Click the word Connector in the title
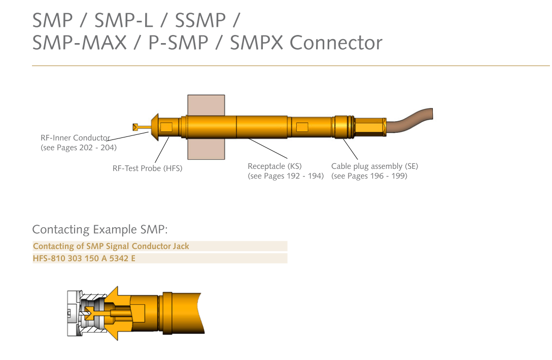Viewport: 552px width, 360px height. click(336, 43)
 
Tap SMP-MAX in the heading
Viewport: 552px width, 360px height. click(79, 43)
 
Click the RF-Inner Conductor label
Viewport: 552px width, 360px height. click(75, 137)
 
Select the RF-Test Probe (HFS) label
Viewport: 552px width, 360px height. click(148, 168)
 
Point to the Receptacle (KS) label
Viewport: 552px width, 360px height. click(274, 166)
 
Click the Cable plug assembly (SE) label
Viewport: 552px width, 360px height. click(374, 166)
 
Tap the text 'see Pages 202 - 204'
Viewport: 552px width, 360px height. click(79, 148)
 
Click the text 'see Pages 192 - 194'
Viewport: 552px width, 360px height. click(286, 176)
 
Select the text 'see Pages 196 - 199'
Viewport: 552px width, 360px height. click(369, 176)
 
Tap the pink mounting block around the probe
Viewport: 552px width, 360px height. click(206, 105)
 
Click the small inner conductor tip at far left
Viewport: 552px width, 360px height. click(135, 127)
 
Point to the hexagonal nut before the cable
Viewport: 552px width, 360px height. click(370, 127)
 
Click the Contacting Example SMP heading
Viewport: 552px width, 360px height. click(100, 230)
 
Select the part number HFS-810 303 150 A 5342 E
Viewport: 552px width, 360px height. click(84, 258)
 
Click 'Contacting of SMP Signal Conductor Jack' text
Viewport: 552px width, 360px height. click(111, 246)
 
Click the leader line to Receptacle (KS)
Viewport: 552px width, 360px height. click(267, 148)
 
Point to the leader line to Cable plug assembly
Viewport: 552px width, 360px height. click(350, 149)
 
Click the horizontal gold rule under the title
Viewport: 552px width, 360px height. click(291, 65)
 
